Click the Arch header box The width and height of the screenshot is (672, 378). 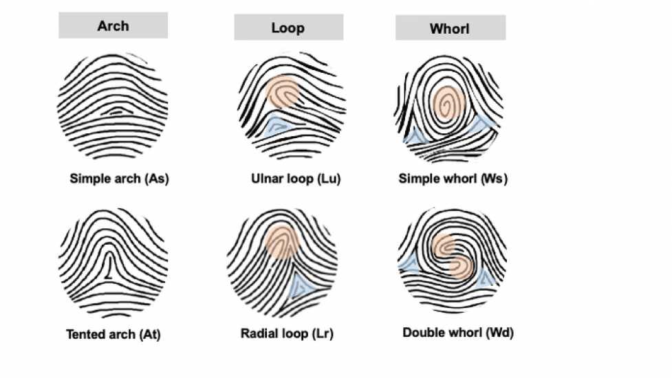[113, 25]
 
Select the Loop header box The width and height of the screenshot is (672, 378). [288, 27]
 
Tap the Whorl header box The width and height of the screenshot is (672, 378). [451, 27]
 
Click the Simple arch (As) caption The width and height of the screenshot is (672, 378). [119, 179]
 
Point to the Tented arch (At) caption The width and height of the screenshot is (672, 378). [113, 334]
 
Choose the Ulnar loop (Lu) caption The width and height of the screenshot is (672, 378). [296, 179]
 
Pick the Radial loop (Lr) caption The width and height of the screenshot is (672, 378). [287, 333]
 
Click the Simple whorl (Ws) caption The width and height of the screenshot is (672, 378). [453, 179]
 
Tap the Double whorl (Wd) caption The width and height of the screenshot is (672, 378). [457, 333]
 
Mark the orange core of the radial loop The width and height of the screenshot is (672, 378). [281, 241]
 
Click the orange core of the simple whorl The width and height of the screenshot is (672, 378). [448, 103]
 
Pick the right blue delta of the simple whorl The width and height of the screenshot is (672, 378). [484, 124]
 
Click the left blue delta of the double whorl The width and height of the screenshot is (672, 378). [409, 263]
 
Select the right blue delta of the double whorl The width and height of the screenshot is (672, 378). [486, 278]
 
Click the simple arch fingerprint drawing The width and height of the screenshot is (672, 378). [112, 106]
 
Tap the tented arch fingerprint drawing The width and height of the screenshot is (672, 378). [113, 263]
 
